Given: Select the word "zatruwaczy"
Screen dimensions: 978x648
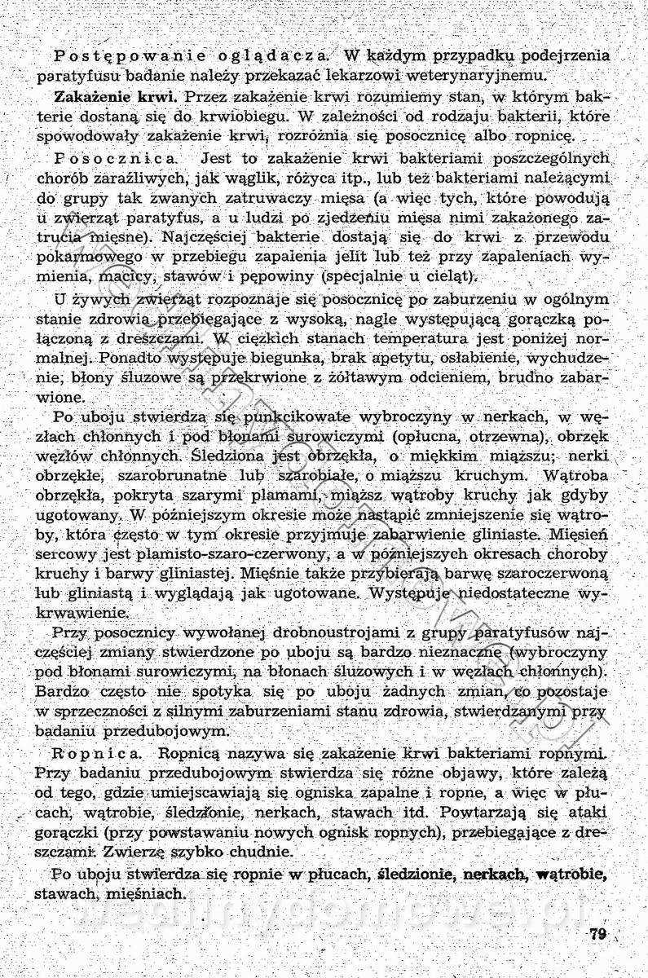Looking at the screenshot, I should (x=280, y=198).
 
